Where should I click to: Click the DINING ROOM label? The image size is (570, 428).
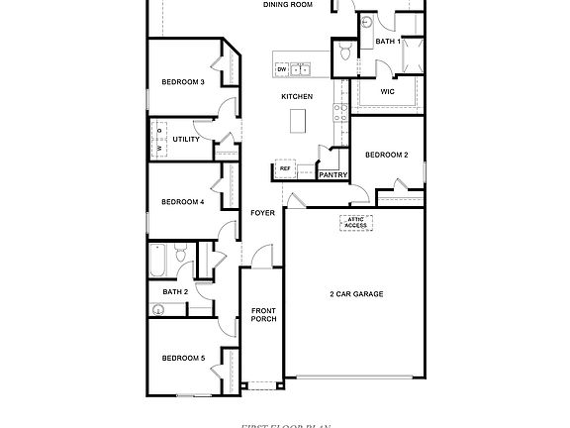click(288, 5)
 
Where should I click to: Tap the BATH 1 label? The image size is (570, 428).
click(388, 42)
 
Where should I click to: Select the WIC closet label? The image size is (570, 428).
click(387, 91)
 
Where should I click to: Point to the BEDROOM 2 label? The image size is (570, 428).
click(386, 155)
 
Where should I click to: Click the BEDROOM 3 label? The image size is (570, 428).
click(182, 81)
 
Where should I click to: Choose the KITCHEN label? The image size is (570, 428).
click(297, 96)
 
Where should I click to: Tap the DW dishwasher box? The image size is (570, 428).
click(282, 69)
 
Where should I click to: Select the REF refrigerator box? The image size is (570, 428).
click(285, 169)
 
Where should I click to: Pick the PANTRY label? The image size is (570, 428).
click(332, 175)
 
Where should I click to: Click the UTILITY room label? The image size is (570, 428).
click(186, 140)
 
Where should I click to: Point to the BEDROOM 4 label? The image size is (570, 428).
click(182, 202)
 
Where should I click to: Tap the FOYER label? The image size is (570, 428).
click(262, 212)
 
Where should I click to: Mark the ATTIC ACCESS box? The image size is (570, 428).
click(355, 223)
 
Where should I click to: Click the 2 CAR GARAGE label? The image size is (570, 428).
click(356, 294)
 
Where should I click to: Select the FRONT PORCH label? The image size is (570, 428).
click(263, 315)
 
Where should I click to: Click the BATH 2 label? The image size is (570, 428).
click(174, 291)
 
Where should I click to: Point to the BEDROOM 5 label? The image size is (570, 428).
click(182, 358)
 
